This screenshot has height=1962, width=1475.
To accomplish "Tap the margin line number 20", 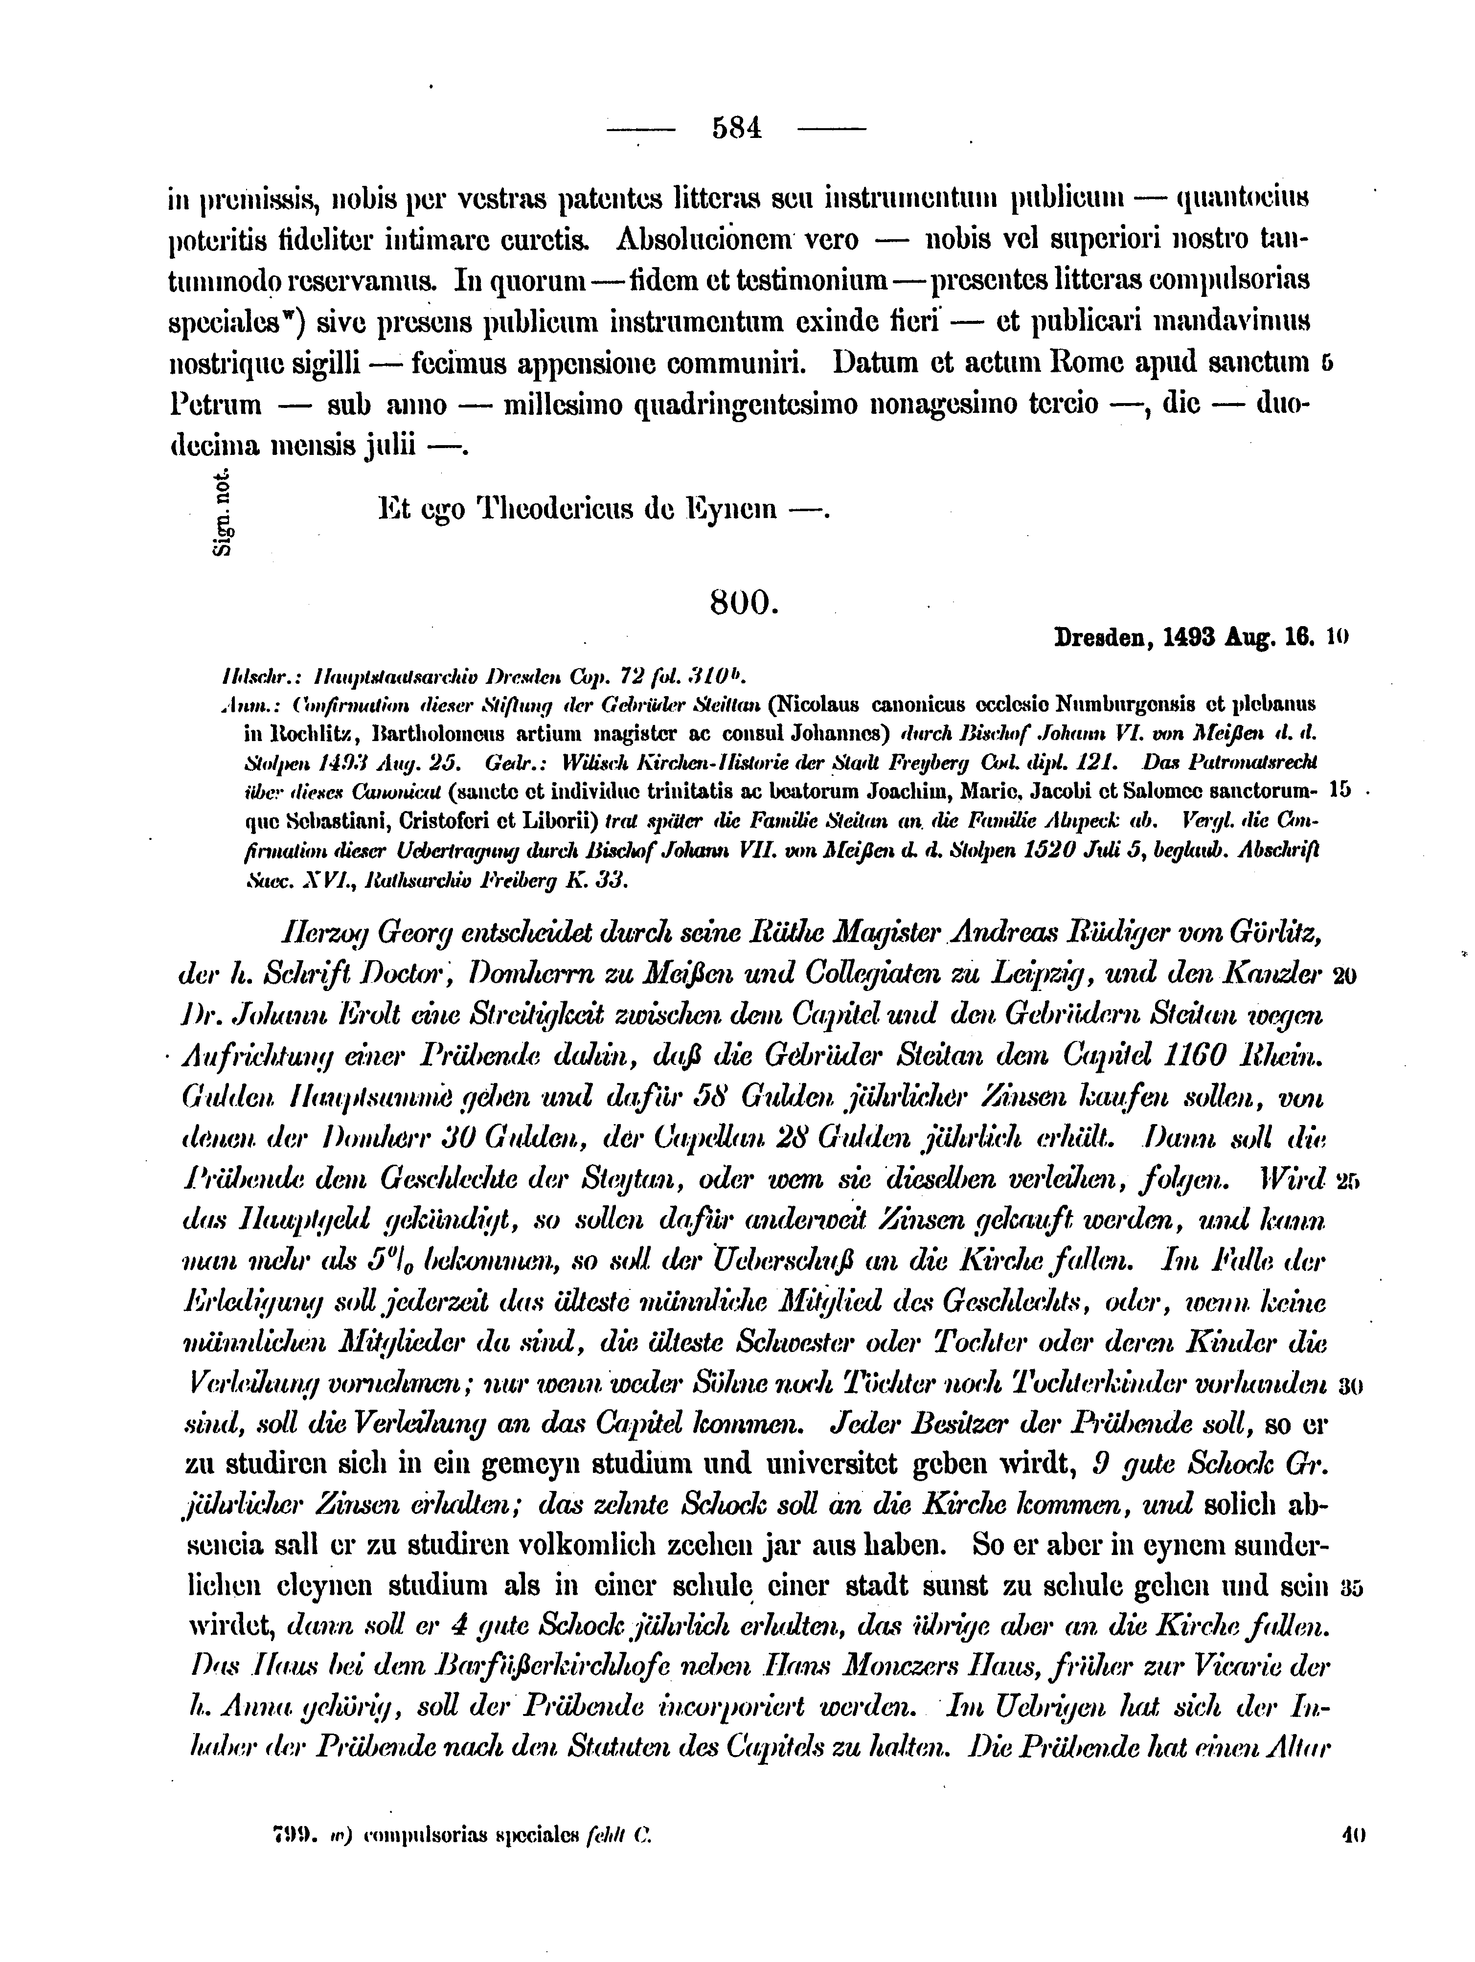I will pos(1344,976).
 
